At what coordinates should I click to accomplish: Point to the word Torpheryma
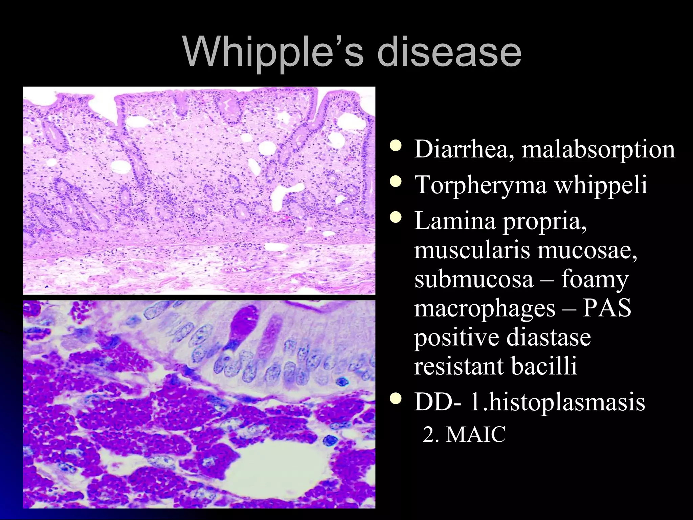tap(480, 186)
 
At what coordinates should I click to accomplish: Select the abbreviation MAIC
tap(476, 434)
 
